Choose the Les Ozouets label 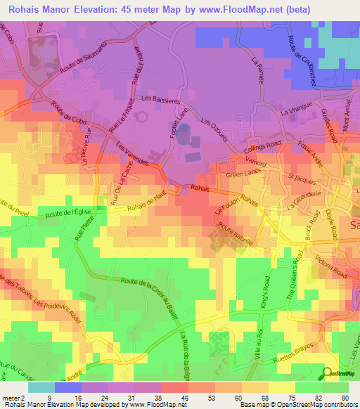tap(216, 130)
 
